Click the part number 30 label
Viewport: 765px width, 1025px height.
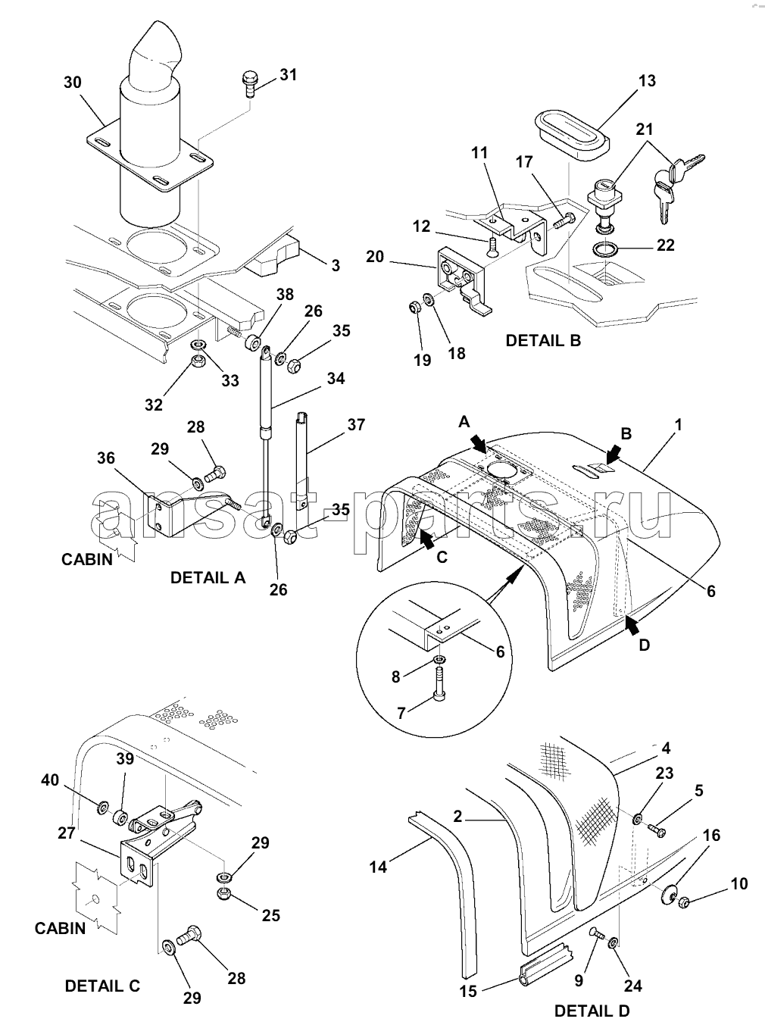click(x=73, y=83)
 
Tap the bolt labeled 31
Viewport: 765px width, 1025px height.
click(x=249, y=83)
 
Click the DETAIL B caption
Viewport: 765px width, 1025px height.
click(x=543, y=341)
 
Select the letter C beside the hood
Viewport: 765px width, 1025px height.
click(x=442, y=557)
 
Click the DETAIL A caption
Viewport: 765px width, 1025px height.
click(x=208, y=577)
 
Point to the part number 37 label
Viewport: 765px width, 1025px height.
click(x=356, y=425)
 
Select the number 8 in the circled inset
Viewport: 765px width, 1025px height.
click(x=396, y=677)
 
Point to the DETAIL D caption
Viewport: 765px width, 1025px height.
click(x=592, y=1011)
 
